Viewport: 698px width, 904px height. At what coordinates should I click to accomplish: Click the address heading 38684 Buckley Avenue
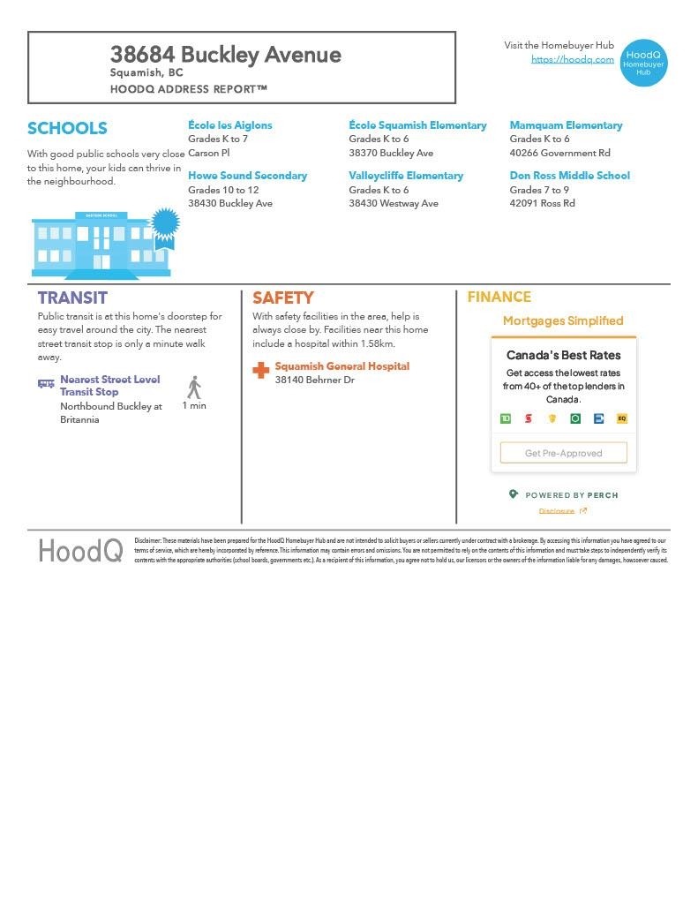coord(225,55)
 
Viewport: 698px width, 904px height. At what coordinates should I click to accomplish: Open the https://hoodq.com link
coord(572,59)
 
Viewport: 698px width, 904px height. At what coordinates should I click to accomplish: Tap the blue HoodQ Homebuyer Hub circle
coord(643,63)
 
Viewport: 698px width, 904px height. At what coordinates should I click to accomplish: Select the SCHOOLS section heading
coord(67,128)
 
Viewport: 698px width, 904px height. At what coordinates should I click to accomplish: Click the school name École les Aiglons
coord(229,125)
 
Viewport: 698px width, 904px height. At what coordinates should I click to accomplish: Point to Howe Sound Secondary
coord(247,176)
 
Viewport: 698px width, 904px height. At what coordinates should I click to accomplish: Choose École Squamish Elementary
coord(417,125)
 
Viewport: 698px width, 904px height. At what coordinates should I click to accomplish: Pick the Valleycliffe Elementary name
coord(406,176)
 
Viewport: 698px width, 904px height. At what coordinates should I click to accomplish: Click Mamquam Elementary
coord(566,125)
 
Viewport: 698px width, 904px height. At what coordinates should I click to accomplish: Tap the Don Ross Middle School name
coord(569,176)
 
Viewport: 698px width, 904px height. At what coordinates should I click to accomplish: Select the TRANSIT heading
coord(72,298)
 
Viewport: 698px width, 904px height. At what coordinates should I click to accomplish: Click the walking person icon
coord(194,388)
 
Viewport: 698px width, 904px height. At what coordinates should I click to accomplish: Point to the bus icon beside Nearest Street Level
coord(46,384)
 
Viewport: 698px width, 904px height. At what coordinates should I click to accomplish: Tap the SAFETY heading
coord(282,298)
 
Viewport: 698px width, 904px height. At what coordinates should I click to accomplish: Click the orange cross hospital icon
coord(261,371)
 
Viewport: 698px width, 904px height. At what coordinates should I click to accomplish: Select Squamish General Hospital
coord(341,366)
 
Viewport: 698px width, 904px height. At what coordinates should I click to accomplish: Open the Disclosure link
coord(557,511)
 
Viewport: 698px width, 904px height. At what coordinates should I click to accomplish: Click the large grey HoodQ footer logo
coord(79,551)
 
